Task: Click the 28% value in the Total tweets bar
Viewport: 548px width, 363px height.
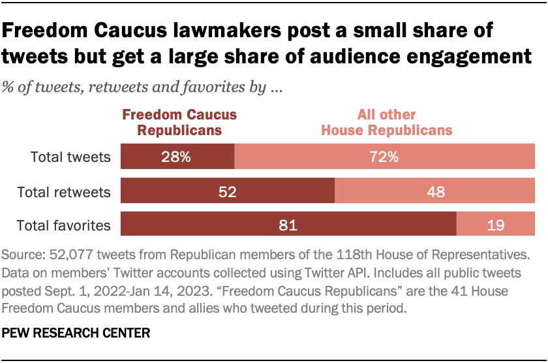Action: click(x=176, y=157)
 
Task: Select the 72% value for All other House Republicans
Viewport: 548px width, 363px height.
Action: click(x=384, y=157)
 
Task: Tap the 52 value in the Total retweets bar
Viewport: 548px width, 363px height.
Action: click(x=228, y=192)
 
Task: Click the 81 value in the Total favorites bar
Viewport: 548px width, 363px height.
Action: click(x=288, y=226)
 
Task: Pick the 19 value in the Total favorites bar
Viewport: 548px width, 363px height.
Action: click(x=495, y=226)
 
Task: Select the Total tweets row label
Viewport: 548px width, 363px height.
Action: click(x=71, y=157)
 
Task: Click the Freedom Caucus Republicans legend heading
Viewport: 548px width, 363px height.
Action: click(x=179, y=122)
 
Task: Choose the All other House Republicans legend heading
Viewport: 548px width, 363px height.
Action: click(x=386, y=122)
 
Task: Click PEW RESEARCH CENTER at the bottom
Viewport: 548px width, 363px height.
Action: click(x=76, y=333)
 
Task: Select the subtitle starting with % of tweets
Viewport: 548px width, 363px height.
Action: click(x=142, y=87)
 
